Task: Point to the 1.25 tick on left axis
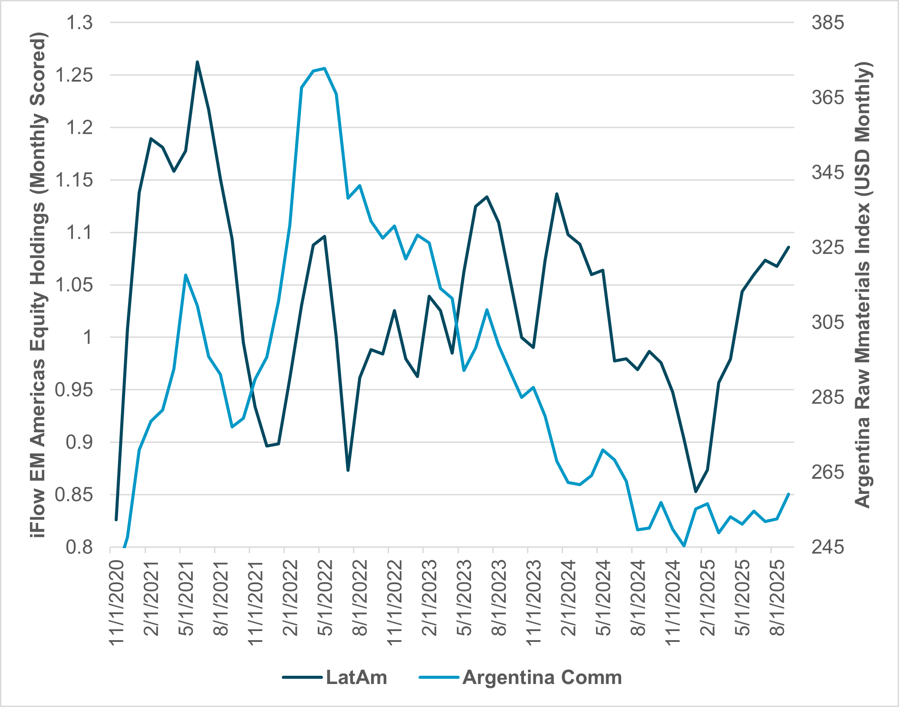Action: click(74, 75)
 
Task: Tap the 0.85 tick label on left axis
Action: click(74, 495)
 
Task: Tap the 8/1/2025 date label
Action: click(777, 598)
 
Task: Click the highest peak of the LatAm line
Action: click(197, 62)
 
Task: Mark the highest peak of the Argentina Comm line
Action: click(325, 68)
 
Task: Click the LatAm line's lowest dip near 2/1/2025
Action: click(695, 492)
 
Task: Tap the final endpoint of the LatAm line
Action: click(789, 247)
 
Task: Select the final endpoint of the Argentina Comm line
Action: click(788, 494)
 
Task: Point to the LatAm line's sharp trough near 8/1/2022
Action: click(348, 470)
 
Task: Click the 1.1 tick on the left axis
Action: click(79, 233)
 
